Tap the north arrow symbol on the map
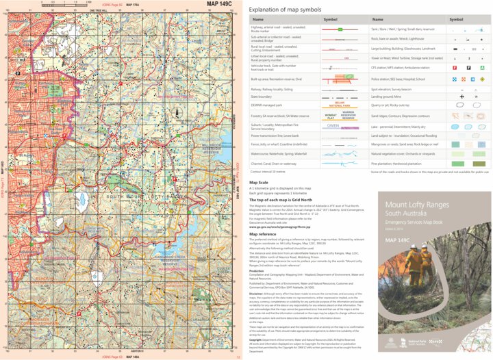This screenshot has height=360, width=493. point(176,114)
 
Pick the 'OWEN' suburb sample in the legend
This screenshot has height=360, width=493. point(333,126)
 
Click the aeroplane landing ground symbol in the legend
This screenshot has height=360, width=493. point(462,97)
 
